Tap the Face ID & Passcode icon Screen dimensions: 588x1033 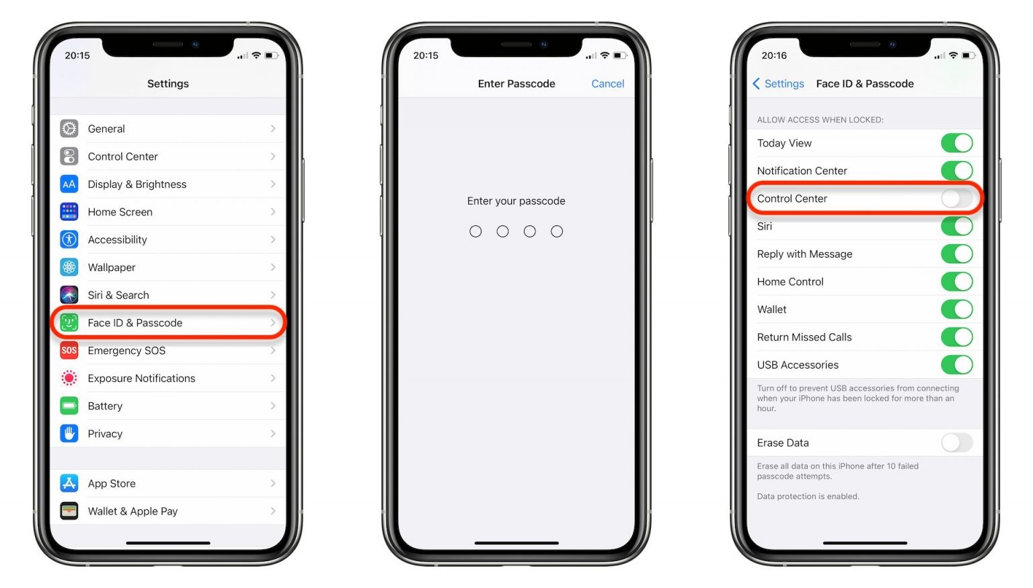tap(69, 323)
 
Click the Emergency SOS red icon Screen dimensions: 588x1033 tap(69, 351)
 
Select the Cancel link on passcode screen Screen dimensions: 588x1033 tap(607, 83)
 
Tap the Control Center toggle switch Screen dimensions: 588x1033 tap(956, 198)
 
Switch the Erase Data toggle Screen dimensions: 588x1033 tap(956, 443)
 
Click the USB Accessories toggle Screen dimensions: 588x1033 tap(956, 365)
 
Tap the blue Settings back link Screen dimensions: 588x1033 tap(778, 83)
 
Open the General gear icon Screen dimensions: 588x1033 tap(69, 128)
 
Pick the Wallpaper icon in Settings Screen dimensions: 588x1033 tap(69, 267)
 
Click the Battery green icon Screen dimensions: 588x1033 tap(69, 406)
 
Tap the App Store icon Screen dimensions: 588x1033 tap(69, 483)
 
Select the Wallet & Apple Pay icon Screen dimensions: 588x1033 tap(69, 511)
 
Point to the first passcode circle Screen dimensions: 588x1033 tap(475, 231)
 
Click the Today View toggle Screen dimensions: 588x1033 tap(956, 143)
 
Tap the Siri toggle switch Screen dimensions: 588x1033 tap(956, 226)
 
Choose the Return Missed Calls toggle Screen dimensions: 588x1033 tap(956, 337)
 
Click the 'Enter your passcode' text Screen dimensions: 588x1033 tap(516, 200)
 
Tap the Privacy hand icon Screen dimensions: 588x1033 tap(69, 433)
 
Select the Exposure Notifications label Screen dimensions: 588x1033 tap(141, 378)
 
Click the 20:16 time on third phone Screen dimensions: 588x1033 tap(774, 55)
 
